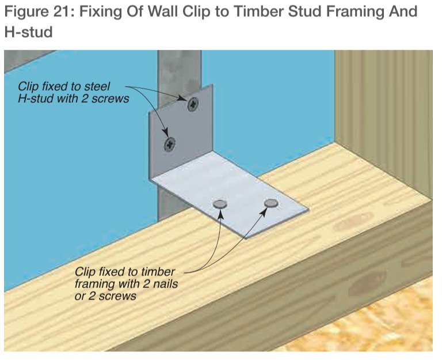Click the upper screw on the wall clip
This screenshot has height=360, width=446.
[193, 104]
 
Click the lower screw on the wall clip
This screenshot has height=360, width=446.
[170, 144]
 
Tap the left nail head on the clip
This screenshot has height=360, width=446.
[220, 204]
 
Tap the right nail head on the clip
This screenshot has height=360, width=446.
[271, 203]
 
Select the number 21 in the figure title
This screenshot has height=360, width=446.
[61, 12]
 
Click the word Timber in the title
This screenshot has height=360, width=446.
[260, 12]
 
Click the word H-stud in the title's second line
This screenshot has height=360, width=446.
[28, 32]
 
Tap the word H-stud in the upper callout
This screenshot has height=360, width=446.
[36, 98]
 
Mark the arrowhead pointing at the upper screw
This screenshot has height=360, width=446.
[182, 98]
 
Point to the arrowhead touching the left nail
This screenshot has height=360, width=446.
[220, 214]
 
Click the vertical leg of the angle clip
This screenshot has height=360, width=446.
[181, 131]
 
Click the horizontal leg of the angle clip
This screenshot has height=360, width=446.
[229, 194]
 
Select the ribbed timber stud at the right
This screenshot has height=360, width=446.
[383, 120]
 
